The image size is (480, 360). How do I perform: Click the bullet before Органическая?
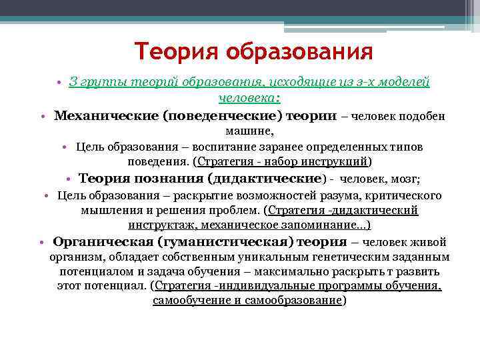click(41, 243)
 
